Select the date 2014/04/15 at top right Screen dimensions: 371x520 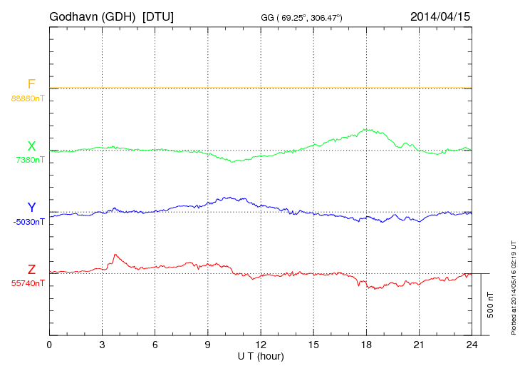point(440,16)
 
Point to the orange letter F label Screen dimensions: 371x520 point(31,84)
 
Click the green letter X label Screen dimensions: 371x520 point(31,146)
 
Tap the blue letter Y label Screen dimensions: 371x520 point(31,208)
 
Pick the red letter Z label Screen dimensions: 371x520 point(31,270)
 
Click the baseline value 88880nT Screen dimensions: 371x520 point(28,98)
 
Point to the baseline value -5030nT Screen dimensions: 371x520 point(28,222)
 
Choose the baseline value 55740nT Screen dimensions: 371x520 point(28,283)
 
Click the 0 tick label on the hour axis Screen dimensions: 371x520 point(49,345)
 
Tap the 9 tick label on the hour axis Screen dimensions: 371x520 point(207,345)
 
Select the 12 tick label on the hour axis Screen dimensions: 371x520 point(260,345)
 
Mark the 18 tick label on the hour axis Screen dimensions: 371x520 point(365,345)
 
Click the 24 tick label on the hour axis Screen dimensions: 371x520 point(471,345)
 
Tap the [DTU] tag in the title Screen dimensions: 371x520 point(158,16)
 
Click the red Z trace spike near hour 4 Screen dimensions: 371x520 point(115,255)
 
